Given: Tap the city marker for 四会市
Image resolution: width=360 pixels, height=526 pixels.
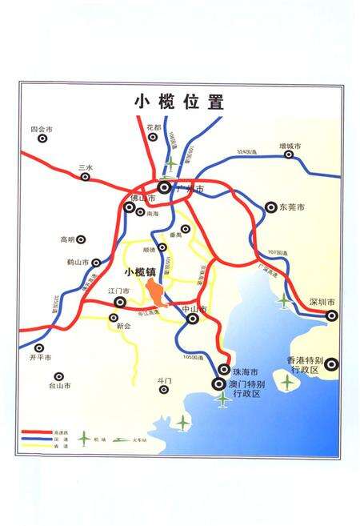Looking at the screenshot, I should [x=42, y=139].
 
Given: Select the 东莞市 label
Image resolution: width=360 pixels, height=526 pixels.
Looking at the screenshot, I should [x=292, y=207].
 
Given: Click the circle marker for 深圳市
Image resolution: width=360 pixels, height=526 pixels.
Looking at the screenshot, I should [x=331, y=315].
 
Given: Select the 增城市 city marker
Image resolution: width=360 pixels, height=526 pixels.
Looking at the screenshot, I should [x=289, y=156].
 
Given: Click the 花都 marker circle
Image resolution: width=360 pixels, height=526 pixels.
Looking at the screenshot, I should [x=154, y=138].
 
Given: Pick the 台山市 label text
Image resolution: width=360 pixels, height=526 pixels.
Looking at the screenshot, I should [x=60, y=386].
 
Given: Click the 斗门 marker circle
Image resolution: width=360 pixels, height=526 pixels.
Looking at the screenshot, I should [x=164, y=390].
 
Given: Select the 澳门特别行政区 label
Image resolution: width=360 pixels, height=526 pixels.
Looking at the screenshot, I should [x=254, y=390].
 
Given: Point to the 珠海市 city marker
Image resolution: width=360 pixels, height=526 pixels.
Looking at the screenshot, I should [x=224, y=369].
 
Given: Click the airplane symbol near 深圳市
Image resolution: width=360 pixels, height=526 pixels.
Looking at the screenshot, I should [x=285, y=300].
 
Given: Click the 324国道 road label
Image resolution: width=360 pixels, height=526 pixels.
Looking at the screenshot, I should [x=245, y=151].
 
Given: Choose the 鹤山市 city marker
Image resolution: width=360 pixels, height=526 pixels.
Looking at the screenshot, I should [x=96, y=262].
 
